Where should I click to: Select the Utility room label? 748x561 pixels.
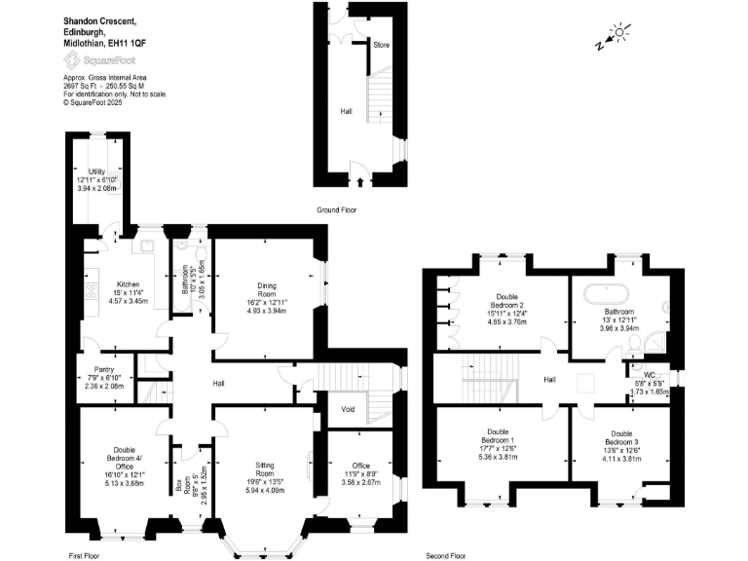(96, 172)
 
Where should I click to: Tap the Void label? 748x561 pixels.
(348, 409)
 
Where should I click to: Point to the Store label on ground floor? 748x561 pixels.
(384, 45)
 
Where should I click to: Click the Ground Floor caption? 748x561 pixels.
(337, 210)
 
